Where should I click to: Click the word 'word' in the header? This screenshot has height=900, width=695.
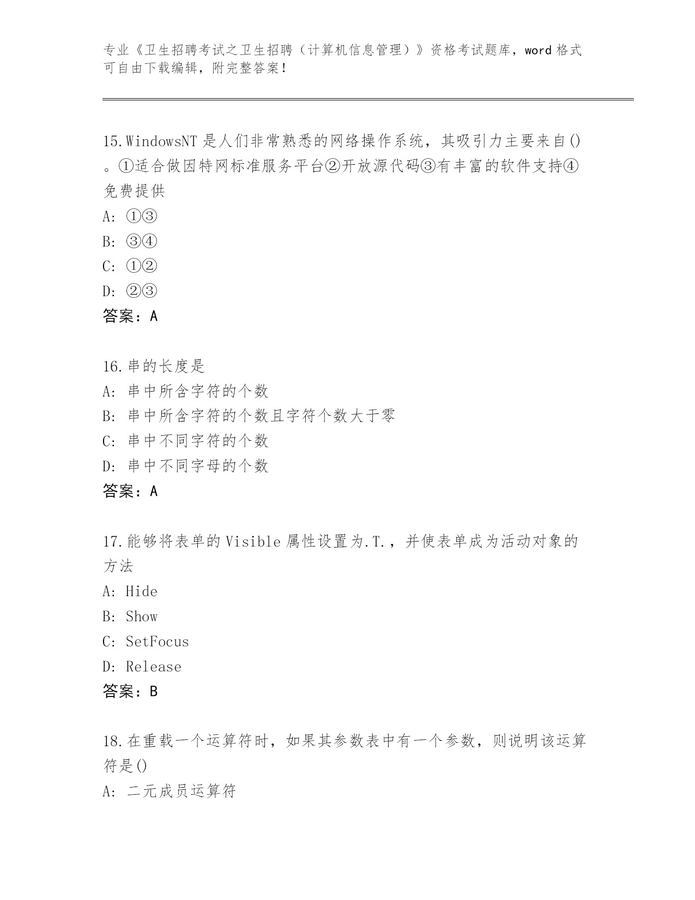[x=538, y=51]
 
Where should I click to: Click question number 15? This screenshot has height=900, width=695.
[x=112, y=141]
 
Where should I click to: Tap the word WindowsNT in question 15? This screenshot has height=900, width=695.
[x=161, y=141]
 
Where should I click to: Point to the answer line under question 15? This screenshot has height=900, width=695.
[x=130, y=316]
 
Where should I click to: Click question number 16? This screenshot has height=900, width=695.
[x=112, y=366]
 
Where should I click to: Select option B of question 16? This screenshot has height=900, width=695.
[x=248, y=416]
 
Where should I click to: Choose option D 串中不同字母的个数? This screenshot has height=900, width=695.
[x=185, y=466]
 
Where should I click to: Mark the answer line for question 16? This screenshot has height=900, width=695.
[x=130, y=491]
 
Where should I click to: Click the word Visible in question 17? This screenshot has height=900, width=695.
[x=253, y=542]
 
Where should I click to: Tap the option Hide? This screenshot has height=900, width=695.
[x=141, y=592]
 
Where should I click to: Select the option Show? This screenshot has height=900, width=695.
[x=141, y=617]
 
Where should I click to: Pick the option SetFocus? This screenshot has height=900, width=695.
[x=157, y=641]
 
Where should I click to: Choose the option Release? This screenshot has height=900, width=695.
[x=153, y=667]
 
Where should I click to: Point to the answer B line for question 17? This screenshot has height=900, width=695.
[x=130, y=692]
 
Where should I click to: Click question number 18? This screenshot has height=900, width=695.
[x=112, y=741]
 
